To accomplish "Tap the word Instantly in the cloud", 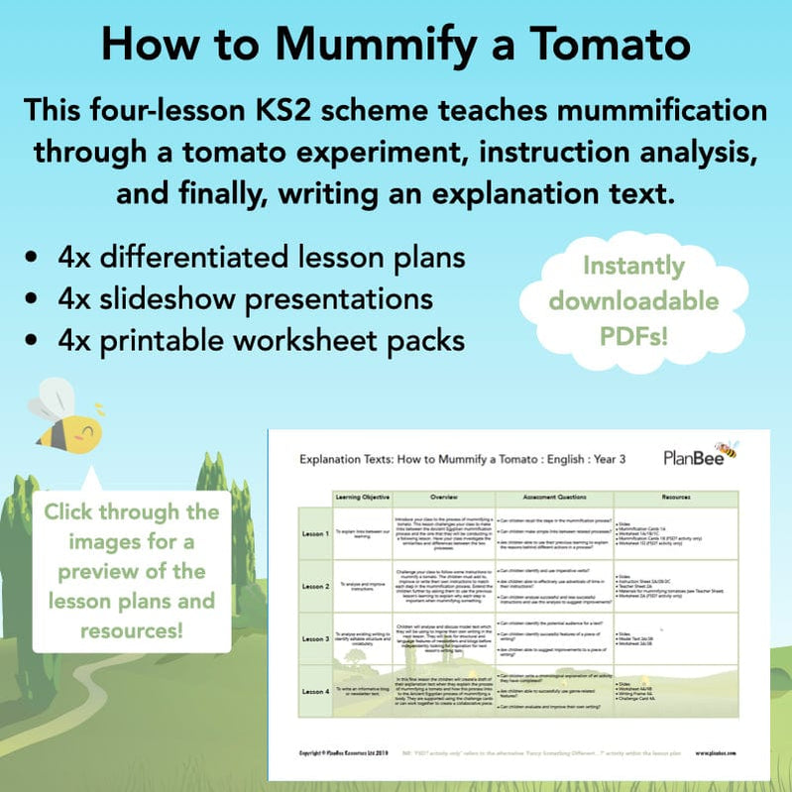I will (633, 267).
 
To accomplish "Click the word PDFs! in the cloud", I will (633, 334).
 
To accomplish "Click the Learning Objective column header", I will (363, 495).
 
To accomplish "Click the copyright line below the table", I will (349, 754).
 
